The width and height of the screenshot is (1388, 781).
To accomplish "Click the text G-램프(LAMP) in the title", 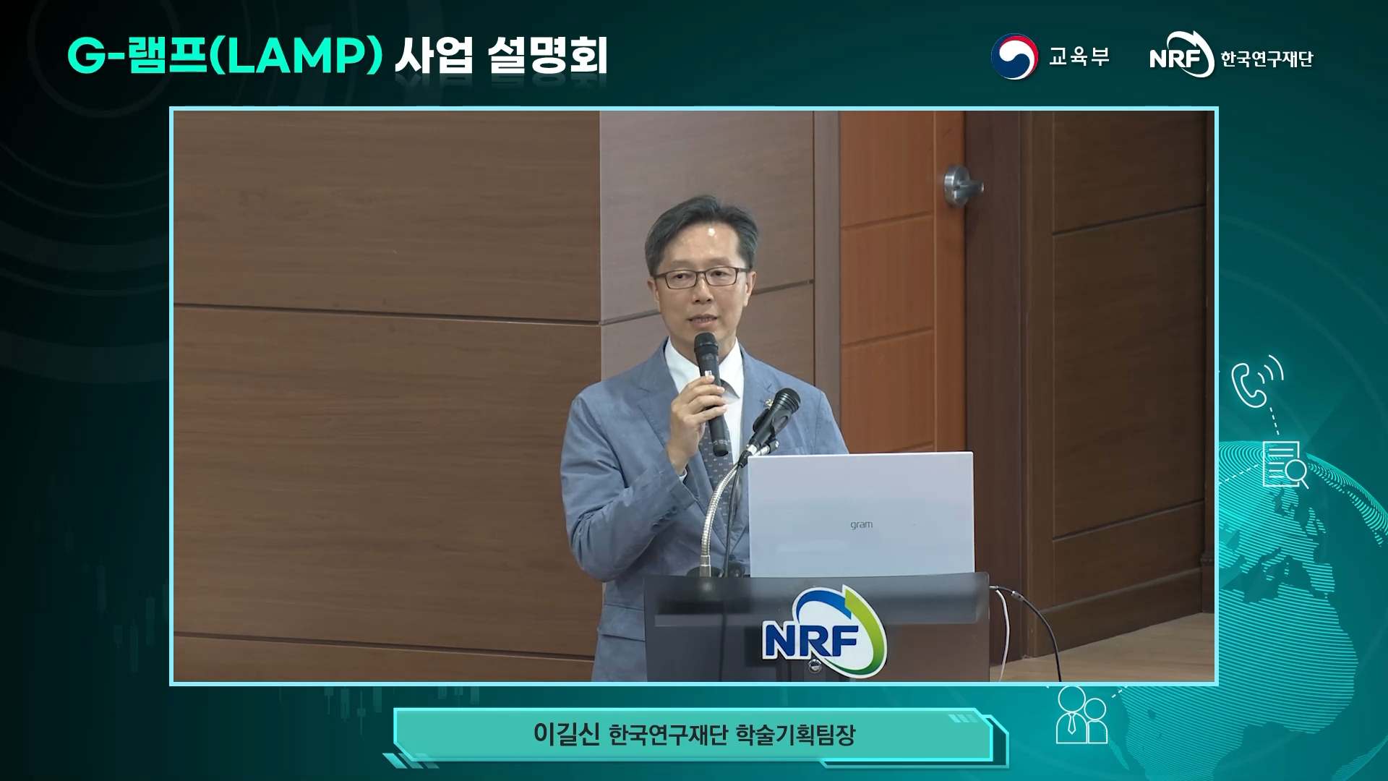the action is tap(225, 55).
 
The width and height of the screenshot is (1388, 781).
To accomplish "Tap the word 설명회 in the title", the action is tap(547, 55).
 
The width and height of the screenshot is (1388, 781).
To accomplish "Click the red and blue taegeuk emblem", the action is tap(1014, 56).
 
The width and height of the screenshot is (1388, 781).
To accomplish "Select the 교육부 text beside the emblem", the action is tap(1079, 56).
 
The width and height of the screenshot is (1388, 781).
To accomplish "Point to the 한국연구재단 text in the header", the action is tap(1267, 59).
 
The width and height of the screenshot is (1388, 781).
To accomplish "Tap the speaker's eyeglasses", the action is tap(701, 278).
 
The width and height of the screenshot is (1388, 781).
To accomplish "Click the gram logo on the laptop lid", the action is tap(861, 524).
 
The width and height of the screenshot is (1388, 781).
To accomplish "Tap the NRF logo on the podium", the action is tap(825, 632).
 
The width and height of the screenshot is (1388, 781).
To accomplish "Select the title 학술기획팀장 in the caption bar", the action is tap(795, 735).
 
